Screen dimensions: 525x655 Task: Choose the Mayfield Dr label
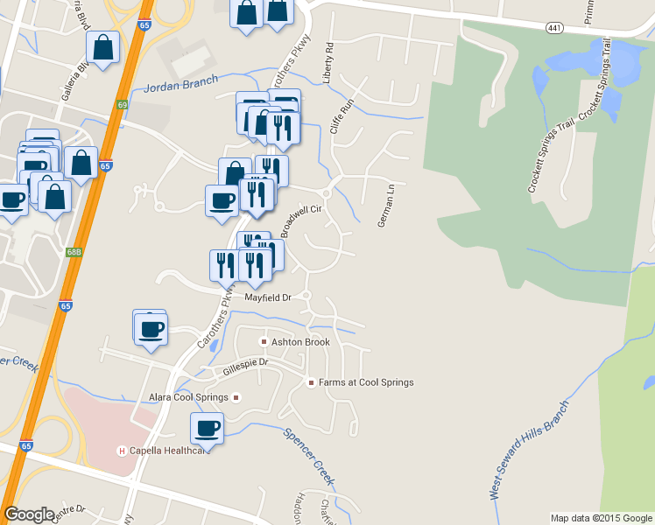267,297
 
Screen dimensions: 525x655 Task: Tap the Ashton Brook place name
299,341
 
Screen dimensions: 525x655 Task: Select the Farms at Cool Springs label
365,382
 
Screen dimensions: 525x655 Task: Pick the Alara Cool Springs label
188,397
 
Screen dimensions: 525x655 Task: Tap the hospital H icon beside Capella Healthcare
123,451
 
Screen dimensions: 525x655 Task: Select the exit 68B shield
74,252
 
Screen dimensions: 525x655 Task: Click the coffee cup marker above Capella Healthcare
208,428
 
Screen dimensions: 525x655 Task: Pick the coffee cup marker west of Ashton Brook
151,329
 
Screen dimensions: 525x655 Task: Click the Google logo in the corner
29,514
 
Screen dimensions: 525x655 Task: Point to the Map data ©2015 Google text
601,518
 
